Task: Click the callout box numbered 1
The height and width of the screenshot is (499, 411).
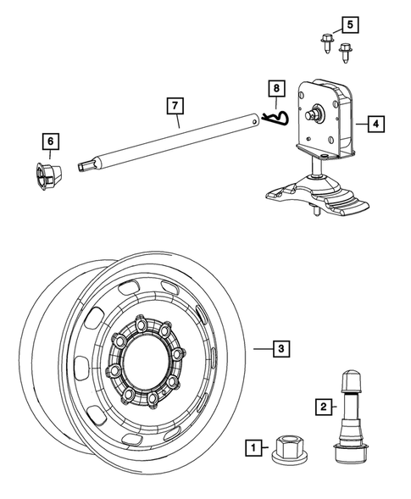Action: [x=252, y=446]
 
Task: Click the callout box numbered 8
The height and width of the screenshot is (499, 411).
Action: [x=274, y=87]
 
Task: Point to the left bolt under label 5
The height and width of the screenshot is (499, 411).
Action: [x=326, y=41]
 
